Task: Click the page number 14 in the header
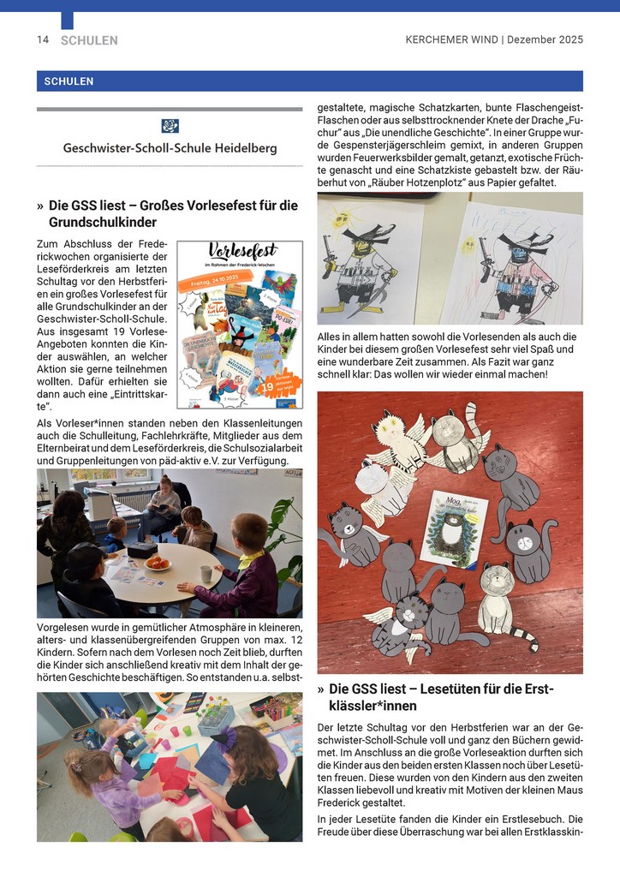[x=42, y=40]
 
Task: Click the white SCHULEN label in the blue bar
[x=65, y=81]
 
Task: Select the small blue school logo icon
[x=170, y=126]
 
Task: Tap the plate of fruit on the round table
[x=158, y=563]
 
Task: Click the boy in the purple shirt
[x=238, y=571]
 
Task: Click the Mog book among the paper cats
[x=454, y=528]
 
